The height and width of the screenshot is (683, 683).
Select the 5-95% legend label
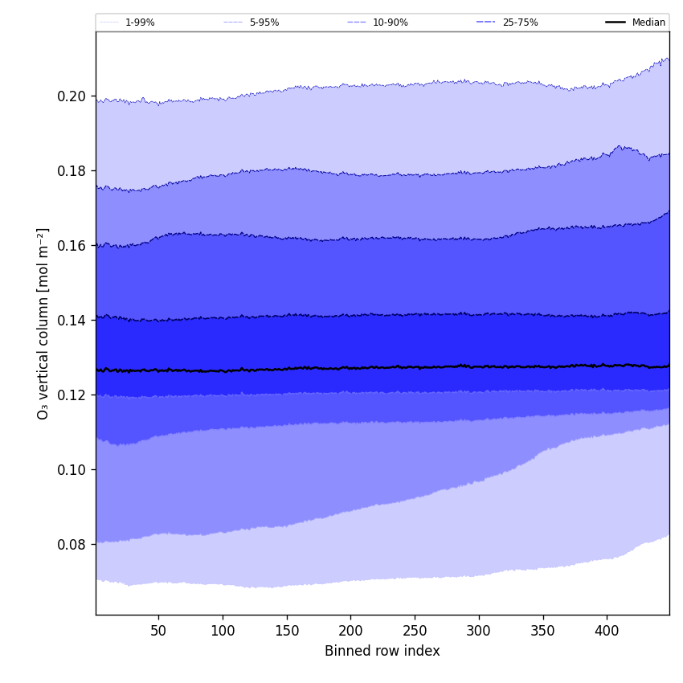pyautogui.click(x=264, y=22)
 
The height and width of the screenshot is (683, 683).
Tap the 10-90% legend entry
pyautogui.click(x=390, y=22)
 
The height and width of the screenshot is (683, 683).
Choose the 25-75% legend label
pyautogui.click(x=520, y=22)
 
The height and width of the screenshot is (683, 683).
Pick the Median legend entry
pyautogui.click(x=648, y=22)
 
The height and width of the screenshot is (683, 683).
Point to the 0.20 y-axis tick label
pyautogui.click(x=72, y=96)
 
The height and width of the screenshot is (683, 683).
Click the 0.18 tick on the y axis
pyautogui.click(x=72, y=171)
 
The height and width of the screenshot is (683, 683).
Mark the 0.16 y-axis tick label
pyautogui.click(x=72, y=246)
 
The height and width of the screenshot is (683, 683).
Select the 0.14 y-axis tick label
pyautogui.click(x=72, y=321)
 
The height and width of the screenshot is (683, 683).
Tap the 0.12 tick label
pyautogui.click(x=72, y=395)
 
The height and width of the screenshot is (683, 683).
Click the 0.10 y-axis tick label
pyautogui.click(x=72, y=470)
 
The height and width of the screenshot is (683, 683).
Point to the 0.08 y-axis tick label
pyautogui.click(x=72, y=545)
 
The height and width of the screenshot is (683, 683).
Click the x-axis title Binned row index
pyautogui.click(x=382, y=651)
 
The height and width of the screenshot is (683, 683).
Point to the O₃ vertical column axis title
pyautogui.click(x=43, y=323)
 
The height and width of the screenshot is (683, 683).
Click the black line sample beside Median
pyautogui.click(x=616, y=22)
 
